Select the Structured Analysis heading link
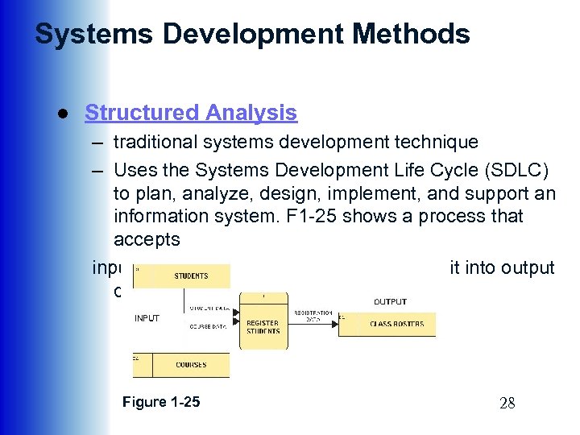point(191,114)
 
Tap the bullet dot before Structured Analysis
point(61,114)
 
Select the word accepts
point(147,239)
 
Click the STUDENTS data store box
point(190,276)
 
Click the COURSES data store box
point(191,365)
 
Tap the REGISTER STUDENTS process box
point(263,326)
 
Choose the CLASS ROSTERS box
point(396,324)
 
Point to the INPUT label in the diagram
point(147,317)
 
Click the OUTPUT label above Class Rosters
point(390,301)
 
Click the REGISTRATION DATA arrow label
point(313,316)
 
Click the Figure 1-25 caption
point(161,402)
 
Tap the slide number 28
point(506,404)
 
